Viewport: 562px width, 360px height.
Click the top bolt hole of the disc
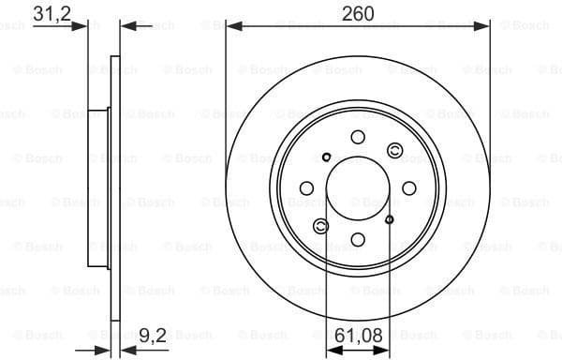[357, 138]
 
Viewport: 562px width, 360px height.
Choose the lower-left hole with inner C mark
[321, 225]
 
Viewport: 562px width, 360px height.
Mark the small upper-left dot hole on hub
[325, 157]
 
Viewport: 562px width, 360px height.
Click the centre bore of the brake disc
[357, 188]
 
